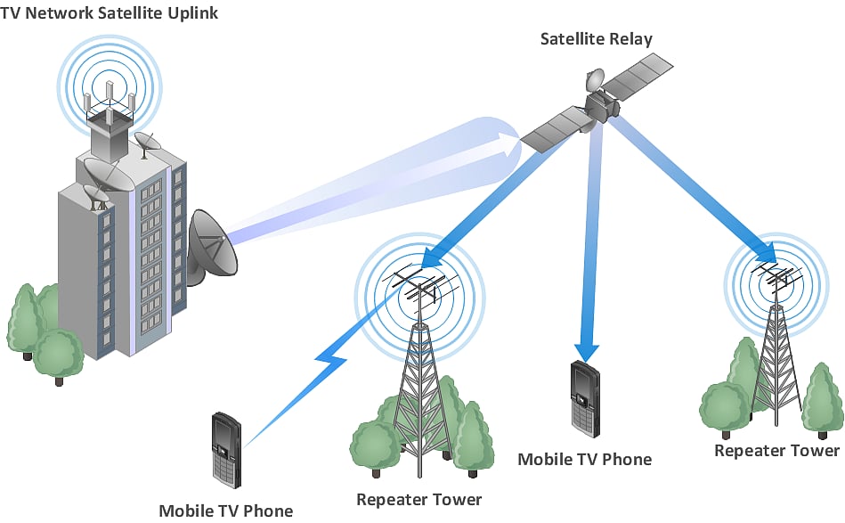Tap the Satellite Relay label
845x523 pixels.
tap(596, 39)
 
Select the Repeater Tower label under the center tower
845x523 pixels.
tap(418, 500)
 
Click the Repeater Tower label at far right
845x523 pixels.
tap(776, 451)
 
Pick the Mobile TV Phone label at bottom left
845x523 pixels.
tap(225, 511)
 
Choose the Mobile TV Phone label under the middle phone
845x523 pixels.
tap(584, 460)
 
